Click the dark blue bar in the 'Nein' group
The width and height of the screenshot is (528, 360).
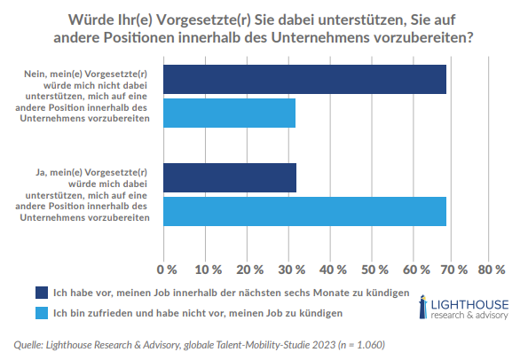pos(305,79)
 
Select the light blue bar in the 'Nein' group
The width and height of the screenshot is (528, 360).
pos(230,113)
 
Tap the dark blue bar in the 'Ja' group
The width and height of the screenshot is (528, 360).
pos(230,178)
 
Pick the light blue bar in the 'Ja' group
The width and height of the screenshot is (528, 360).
pos(305,212)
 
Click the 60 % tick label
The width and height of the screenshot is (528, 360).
pos(414,269)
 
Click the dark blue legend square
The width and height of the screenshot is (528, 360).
pos(42,292)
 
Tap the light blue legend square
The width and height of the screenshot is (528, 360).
pos(42,312)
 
